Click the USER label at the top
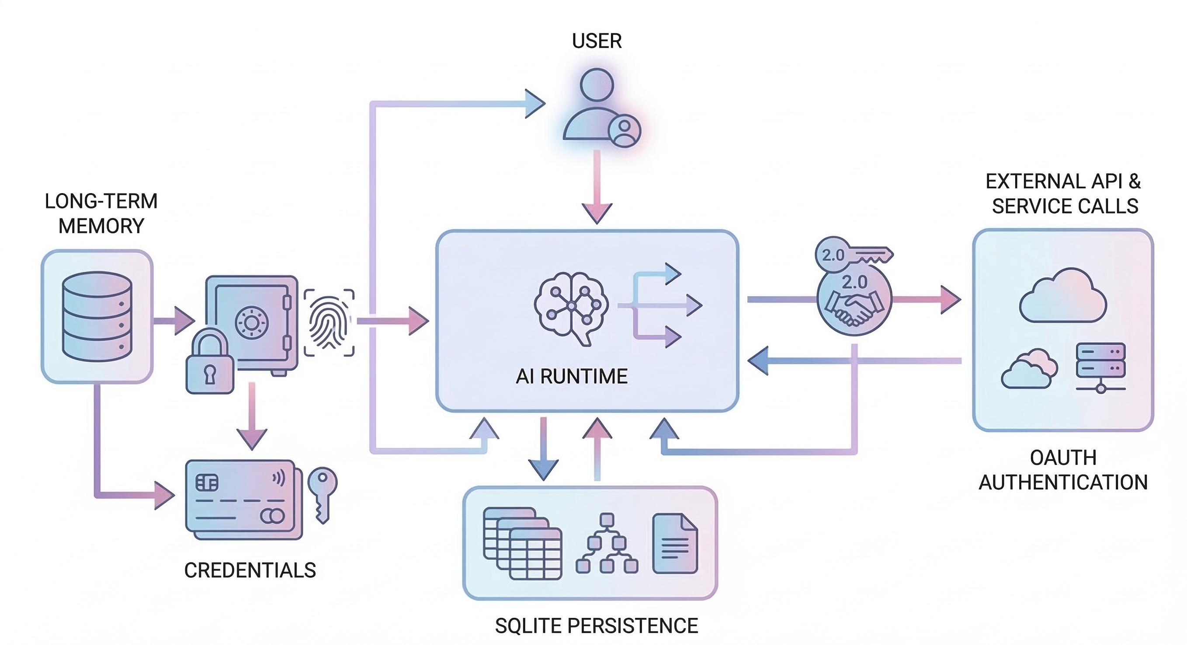click(596, 41)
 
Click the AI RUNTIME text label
click(571, 376)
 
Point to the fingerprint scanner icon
click(329, 322)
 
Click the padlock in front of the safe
click(210, 362)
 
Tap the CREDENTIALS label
click(250, 570)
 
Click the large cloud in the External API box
click(1062, 297)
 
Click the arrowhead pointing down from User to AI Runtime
click(597, 212)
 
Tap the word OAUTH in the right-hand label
click(1062, 458)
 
